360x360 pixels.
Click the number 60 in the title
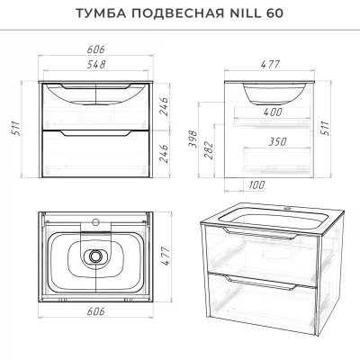[274, 13]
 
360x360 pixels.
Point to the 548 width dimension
[96, 64]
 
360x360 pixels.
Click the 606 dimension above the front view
[96, 49]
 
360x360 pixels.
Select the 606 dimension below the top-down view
[96, 311]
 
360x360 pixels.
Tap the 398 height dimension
[193, 139]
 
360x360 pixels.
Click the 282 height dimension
[210, 150]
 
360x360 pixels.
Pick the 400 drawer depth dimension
[273, 112]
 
